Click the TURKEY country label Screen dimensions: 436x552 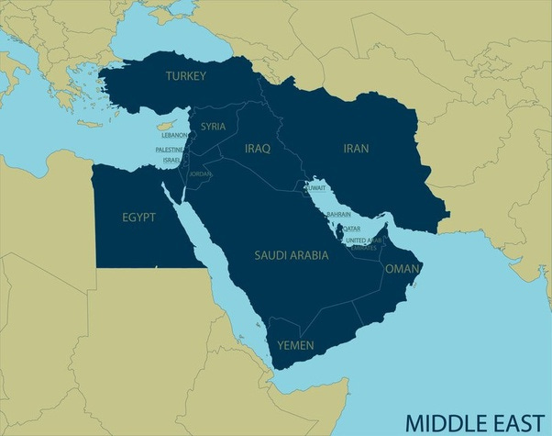click(185, 76)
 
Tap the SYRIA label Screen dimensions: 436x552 click(214, 126)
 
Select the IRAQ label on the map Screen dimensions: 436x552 click(258, 148)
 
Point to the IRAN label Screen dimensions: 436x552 click(356, 147)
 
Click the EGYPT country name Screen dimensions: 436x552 click(138, 218)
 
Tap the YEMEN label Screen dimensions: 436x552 click(295, 345)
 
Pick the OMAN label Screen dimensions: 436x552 click(402, 269)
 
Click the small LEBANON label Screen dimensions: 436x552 click(175, 136)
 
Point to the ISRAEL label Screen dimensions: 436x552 click(171, 160)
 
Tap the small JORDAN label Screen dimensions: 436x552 click(199, 173)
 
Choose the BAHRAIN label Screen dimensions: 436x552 click(338, 214)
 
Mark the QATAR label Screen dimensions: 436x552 click(350, 228)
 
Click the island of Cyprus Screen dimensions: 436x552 click(164, 125)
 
